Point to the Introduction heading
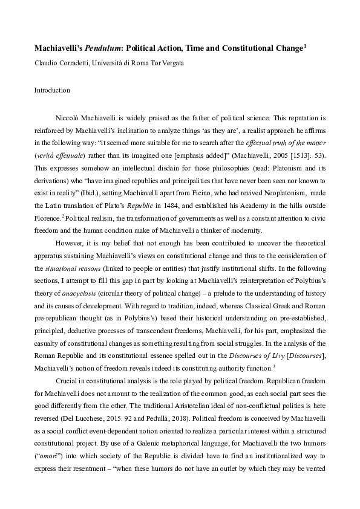coord(52,90)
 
